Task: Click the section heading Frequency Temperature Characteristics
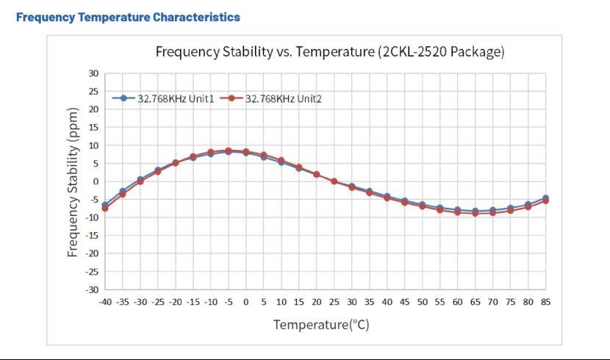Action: pyautogui.click(x=128, y=17)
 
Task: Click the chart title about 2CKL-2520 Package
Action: pyautogui.click(x=330, y=52)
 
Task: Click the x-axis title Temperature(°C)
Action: pyautogui.click(x=321, y=324)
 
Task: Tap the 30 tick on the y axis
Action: pyautogui.click(x=93, y=73)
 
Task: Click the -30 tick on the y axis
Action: pyautogui.click(x=92, y=289)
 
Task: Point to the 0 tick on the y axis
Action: pyautogui.click(x=96, y=181)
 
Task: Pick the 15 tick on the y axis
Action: pyautogui.click(x=93, y=127)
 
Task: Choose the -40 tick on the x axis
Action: pyautogui.click(x=105, y=302)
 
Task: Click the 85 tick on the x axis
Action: pyautogui.click(x=545, y=302)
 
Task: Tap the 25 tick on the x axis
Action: pyautogui.click(x=334, y=302)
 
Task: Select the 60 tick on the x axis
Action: pyautogui.click(x=457, y=302)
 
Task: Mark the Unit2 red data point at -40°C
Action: pyautogui.click(x=105, y=209)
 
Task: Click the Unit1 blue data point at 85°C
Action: pyautogui.click(x=545, y=198)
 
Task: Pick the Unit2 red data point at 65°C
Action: pyautogui.click(x=475, y=213)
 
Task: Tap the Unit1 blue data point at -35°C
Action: pyautogui.click(x=123, y=191)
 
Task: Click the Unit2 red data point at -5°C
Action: pyautogui.click(x=229, y=151)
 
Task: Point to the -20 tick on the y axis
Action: pyautogui.click(x=92, y=253)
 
